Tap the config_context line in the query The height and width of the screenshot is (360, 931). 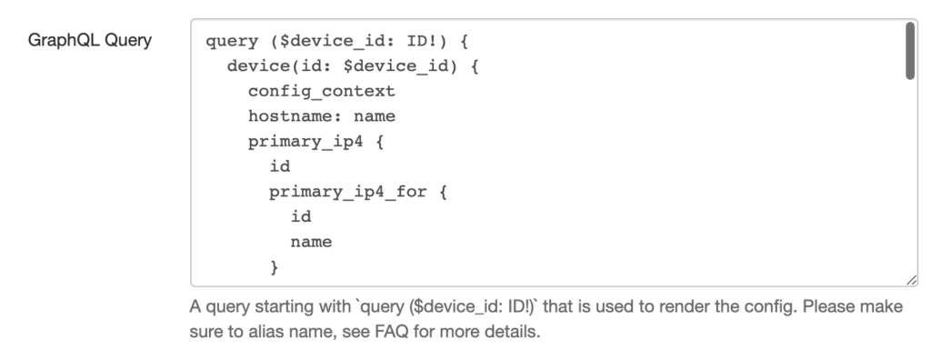[x=321, y=92]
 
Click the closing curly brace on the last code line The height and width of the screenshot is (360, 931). [x=275, y=267]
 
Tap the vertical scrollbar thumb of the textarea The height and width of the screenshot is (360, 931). [x=909, y=51]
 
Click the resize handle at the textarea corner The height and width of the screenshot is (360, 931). [x=912, y=282]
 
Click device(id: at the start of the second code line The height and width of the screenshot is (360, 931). [x=273, y=66]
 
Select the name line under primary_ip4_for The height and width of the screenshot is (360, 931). [x=311, y=242]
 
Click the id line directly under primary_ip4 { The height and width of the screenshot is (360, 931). [x=279, y=166]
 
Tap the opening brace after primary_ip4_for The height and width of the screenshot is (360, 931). [x=445, y=192]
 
